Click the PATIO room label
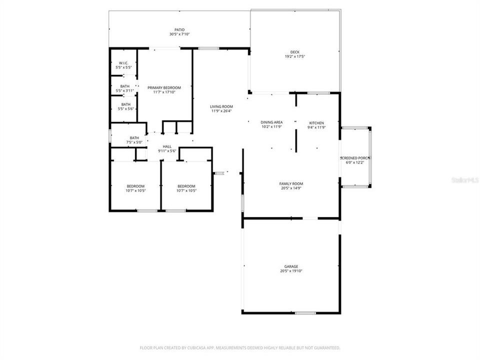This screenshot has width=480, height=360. [179, 30]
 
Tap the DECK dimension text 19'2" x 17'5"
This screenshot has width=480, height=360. [294, 56]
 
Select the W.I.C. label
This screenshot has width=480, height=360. [123, 63]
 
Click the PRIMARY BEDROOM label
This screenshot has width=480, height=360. [164, 87]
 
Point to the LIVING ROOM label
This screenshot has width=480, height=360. [221, 106]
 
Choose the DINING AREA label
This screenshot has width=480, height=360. [271, 122]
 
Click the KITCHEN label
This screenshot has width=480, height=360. [316, 123]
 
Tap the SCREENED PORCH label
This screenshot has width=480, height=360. [355, 158]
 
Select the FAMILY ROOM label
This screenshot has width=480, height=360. [291, 183]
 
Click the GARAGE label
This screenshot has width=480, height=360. [291, 266]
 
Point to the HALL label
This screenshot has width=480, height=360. [167, 146]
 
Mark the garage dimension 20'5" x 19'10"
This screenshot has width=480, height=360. [291, 271]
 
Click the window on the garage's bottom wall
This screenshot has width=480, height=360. [305, 313]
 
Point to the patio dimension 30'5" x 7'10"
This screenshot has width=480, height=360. [179, 34]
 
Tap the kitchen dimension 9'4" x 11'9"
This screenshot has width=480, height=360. [316, 127]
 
